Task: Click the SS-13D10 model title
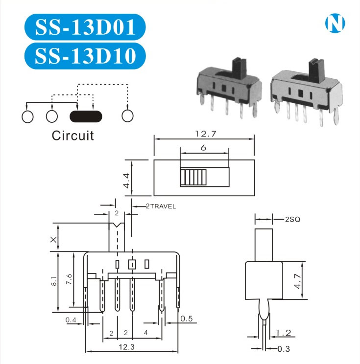84,55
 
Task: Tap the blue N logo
335,23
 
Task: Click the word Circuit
72,135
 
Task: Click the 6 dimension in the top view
203,148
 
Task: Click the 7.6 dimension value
69,280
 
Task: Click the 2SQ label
292,220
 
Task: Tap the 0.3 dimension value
284,349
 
